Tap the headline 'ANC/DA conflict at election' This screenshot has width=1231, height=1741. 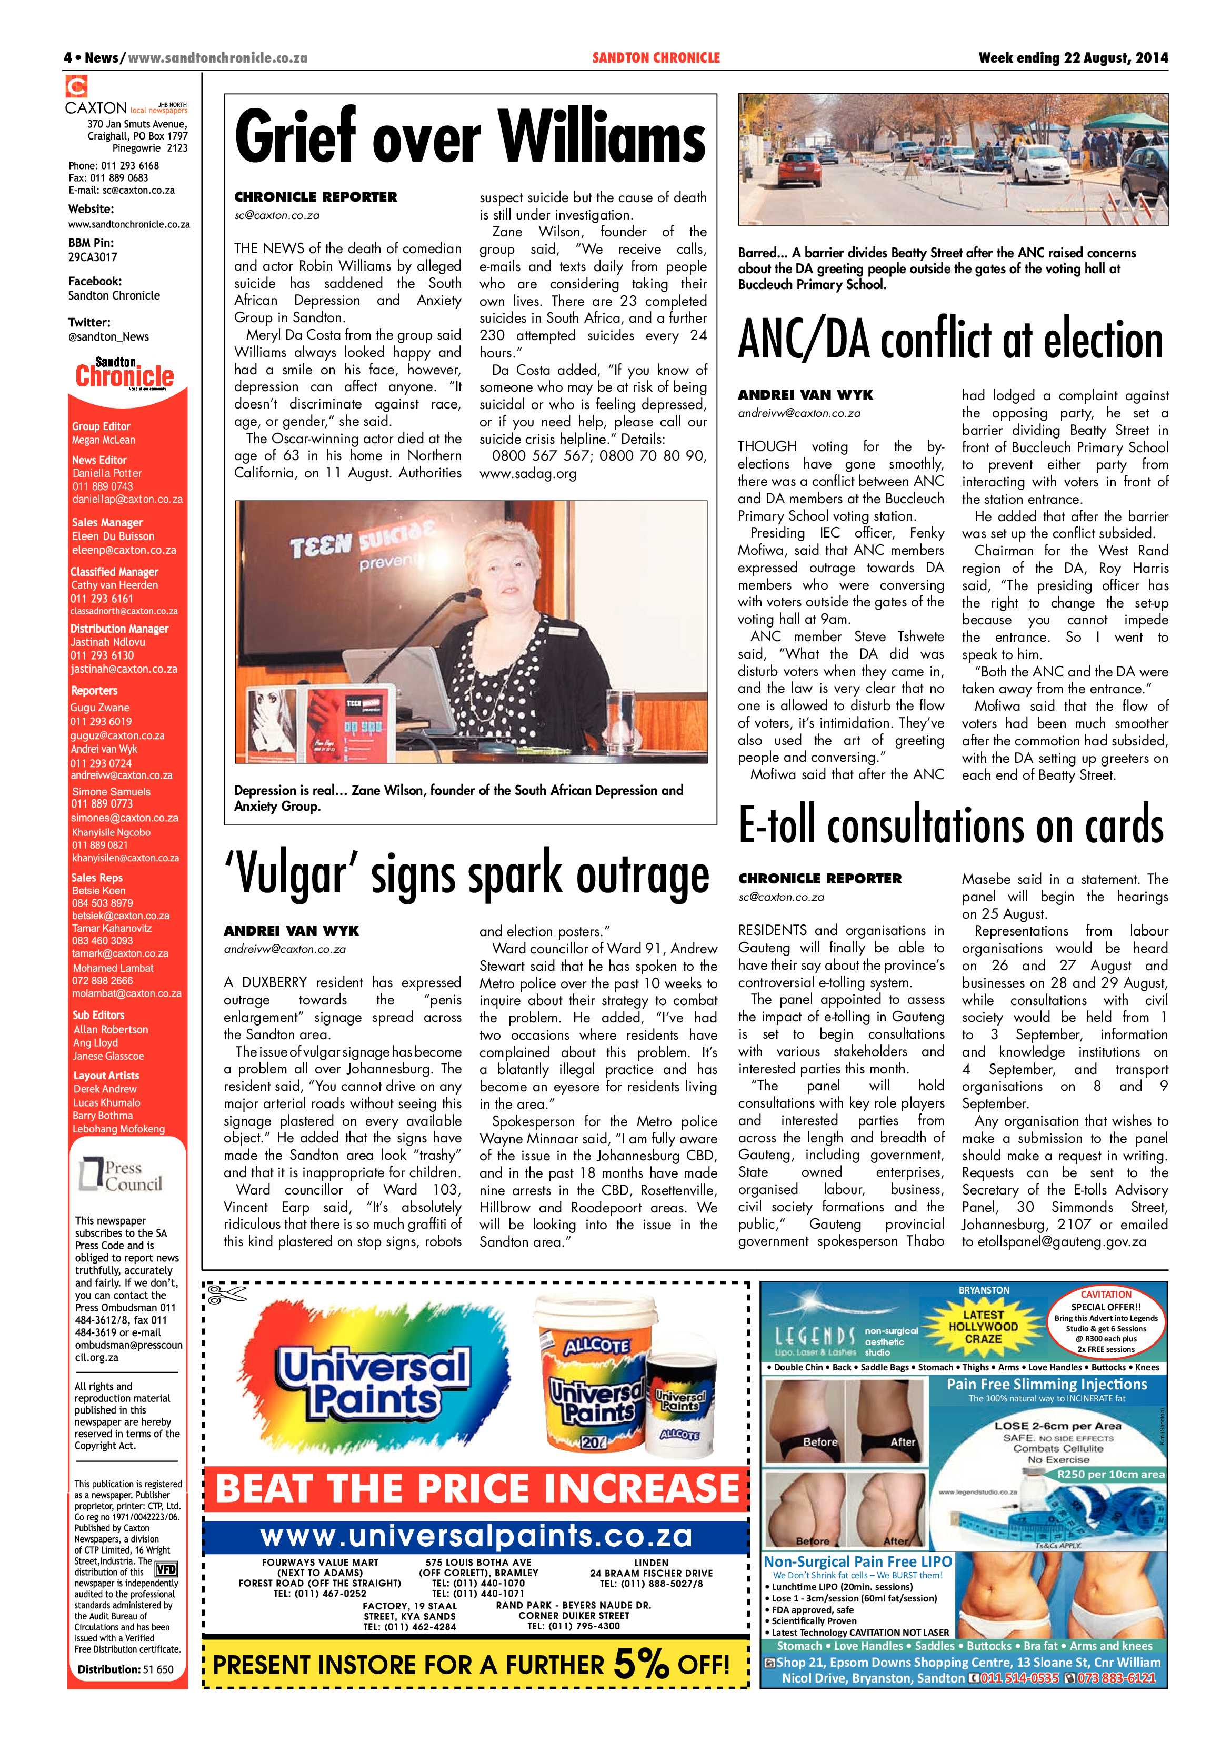click(x=950, y=341)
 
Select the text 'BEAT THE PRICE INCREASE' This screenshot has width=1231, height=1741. click(x=477, y=1487)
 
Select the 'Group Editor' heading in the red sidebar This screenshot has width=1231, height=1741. click(x=101, y=426)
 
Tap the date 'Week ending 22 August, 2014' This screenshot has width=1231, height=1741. click(x=1073, y=57)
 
